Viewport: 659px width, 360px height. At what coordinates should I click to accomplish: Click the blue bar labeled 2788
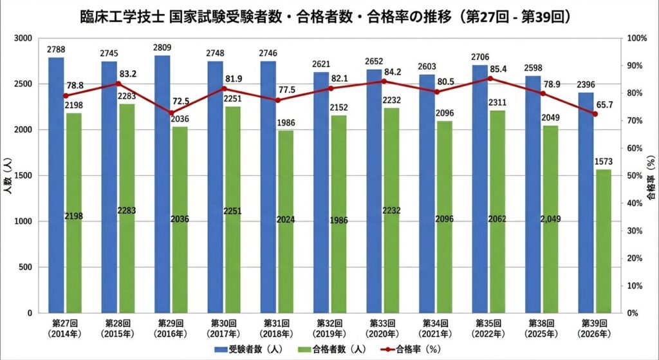tap(56, 187)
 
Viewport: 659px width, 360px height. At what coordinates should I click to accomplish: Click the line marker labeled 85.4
tap(490, 79)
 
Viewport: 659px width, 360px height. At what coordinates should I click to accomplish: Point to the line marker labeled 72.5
tap(171, 113)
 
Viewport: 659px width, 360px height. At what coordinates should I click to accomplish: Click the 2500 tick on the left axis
tap(29, 84)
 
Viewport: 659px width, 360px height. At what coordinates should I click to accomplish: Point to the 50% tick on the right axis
tap(634, 176)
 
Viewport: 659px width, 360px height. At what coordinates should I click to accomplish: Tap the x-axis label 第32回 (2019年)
tap(331, 328)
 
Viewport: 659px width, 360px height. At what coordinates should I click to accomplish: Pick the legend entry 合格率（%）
tap(415, 348)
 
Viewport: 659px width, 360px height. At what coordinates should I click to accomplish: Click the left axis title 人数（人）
tap(8, 176)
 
